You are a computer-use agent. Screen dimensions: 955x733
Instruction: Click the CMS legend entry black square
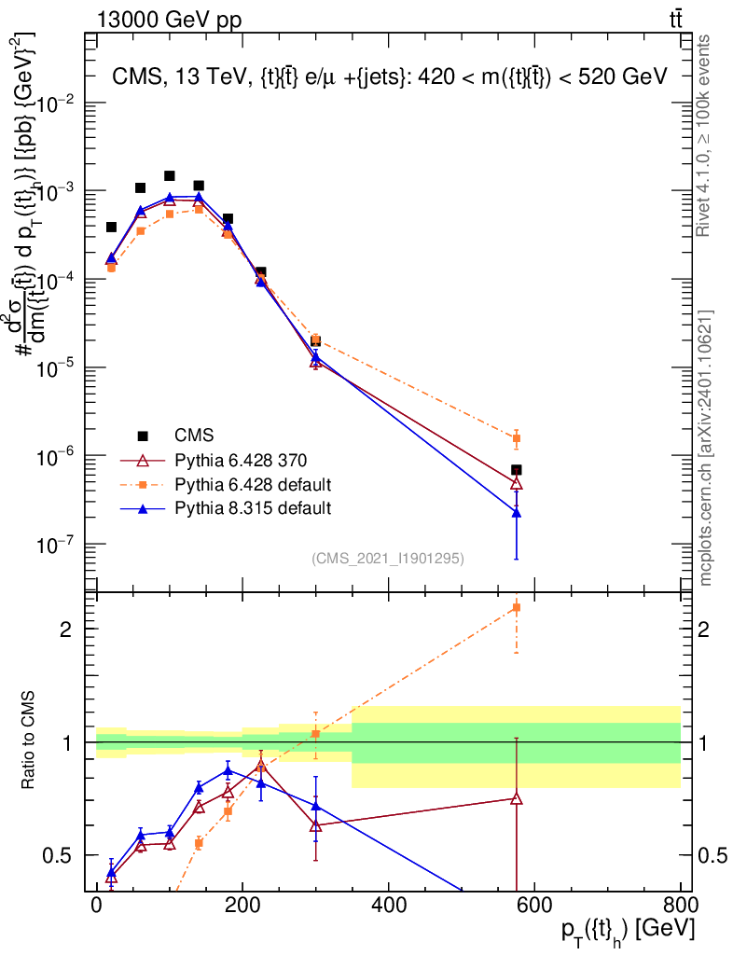(143, 436)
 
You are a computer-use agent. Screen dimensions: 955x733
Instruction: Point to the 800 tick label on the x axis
(680, 906)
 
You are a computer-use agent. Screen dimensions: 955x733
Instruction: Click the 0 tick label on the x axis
(97, 906)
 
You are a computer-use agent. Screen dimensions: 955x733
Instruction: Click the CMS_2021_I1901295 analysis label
(388, 559)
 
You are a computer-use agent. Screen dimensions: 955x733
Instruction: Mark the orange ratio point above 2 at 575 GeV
(516, 608)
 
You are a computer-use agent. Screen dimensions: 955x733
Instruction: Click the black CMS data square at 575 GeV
(516, 470)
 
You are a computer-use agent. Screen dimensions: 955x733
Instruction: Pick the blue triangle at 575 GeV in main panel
(516, 512)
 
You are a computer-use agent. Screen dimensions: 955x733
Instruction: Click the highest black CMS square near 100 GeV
(170, 175)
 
